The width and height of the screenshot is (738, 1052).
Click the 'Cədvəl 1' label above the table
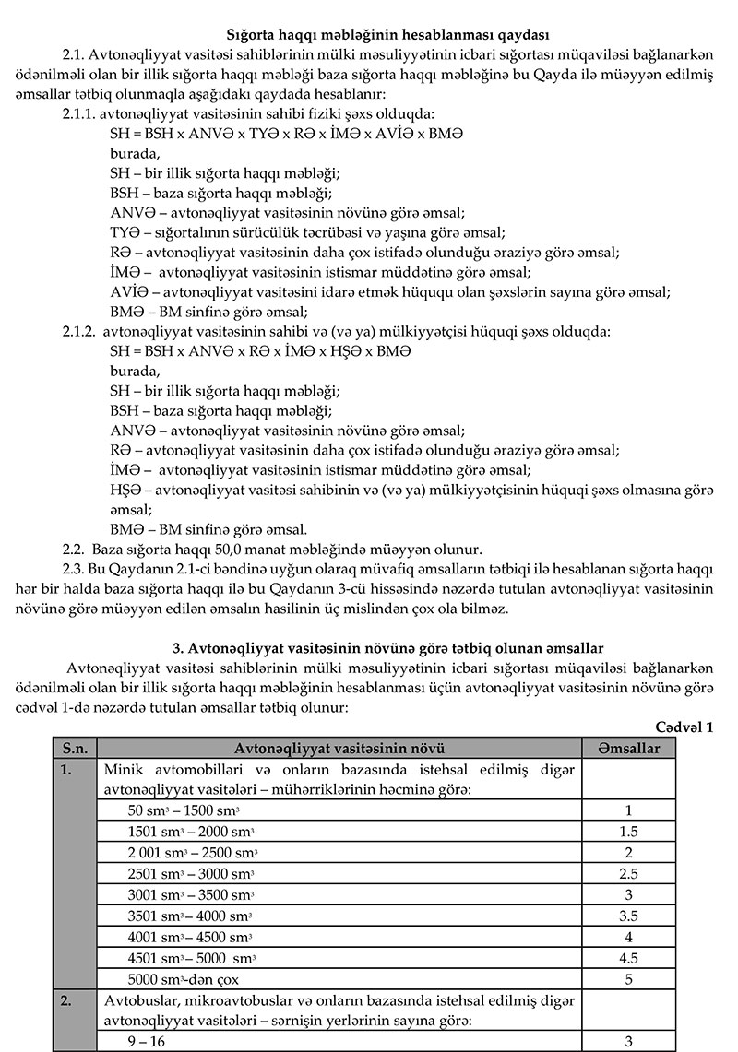[684, 727]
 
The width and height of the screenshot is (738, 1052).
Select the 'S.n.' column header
[75, 748]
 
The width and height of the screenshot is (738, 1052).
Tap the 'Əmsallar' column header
[628, 748]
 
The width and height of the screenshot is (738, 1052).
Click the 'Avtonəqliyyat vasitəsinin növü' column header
[339, 748]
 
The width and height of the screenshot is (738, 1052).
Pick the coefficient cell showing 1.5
[628, 832]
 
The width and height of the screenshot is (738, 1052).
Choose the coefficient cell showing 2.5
[628, 873]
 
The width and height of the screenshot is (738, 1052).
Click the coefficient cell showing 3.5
[628, 916]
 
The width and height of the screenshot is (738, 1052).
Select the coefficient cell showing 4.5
[628, 958]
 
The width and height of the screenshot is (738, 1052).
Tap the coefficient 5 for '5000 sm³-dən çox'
[628, 979]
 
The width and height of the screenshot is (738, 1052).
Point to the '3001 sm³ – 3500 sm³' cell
[191, 894]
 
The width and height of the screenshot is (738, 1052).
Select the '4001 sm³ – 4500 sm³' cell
[190, 937]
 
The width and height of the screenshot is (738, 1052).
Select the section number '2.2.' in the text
[74, 548]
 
